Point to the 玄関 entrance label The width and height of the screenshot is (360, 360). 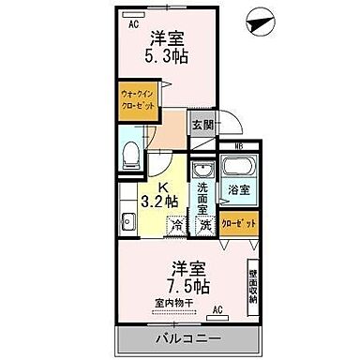(202, 125)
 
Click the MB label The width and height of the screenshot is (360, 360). (226, 146)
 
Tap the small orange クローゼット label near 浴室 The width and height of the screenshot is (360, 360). (238, 223)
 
